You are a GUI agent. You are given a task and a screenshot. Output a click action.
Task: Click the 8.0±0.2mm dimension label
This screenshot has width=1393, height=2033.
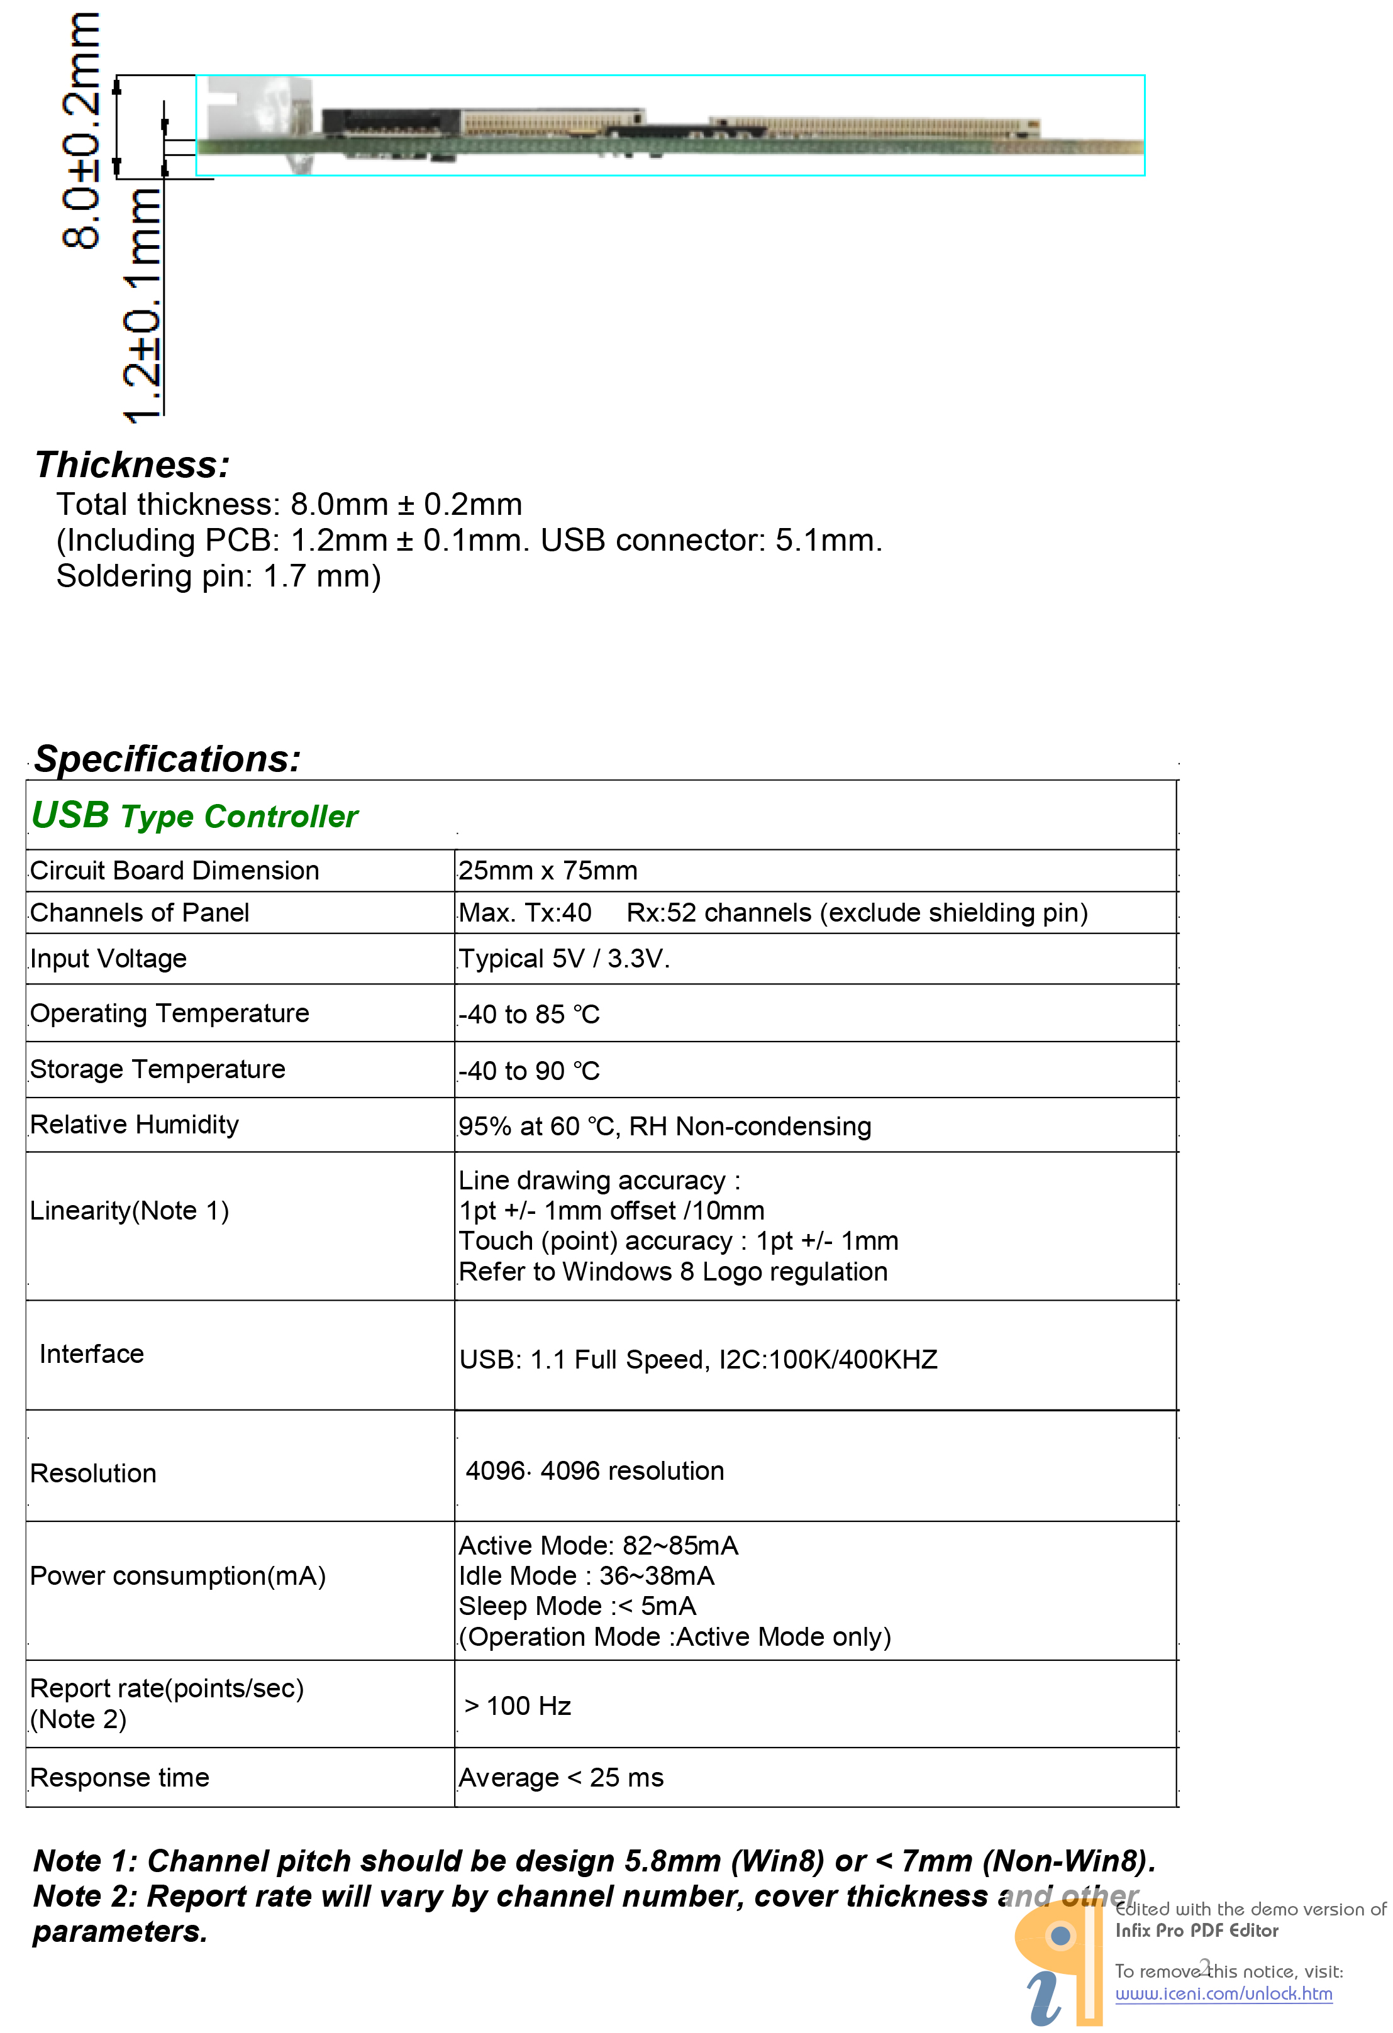(x=80, y=131)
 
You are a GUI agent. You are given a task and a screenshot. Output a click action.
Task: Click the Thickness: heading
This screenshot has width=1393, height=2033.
(x=132, y=465)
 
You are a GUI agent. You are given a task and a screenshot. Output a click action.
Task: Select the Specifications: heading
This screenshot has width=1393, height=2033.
(x=167, y=758)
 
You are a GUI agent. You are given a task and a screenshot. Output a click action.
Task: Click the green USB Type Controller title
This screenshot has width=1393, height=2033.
(x=194, y=815)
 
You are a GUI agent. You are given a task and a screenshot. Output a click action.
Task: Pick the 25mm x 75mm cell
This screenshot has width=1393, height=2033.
(x=548, y=871)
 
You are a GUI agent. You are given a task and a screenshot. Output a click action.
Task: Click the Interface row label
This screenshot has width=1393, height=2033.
(x=92, y=1353)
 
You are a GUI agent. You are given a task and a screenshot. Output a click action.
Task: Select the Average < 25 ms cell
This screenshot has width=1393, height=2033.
(x=561, y=1778)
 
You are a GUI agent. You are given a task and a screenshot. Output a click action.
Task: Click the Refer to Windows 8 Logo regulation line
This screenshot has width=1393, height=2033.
(x=673, y=1271)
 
